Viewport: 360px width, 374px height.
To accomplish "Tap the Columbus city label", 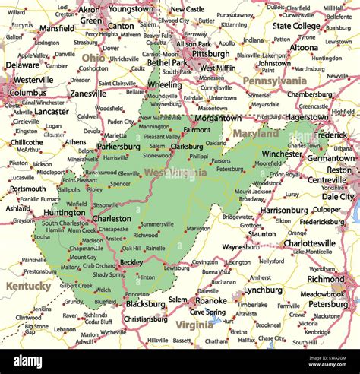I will [28, 93].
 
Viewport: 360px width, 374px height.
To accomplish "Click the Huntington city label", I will [64, 213].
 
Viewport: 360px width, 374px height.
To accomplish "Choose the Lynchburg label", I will [264, 290].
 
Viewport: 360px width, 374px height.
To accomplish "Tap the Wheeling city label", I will [165, 85].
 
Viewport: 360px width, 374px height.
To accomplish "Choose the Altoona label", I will [304, 47].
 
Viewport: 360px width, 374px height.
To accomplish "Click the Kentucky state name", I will [28, 287].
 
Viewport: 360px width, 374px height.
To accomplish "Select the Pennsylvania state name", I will [274, 80].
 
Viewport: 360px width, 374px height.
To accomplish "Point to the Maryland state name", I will [255, 133].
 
